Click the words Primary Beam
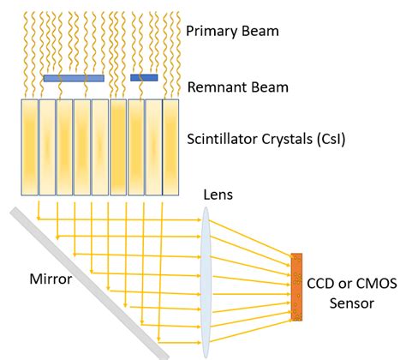click(x=234, y=31)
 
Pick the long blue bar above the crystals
click(x=74, y=78)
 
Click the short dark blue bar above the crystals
click(x=144, y=78)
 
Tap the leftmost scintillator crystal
click(x=30, y=146)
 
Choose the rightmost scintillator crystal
click(x=170, y=146)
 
